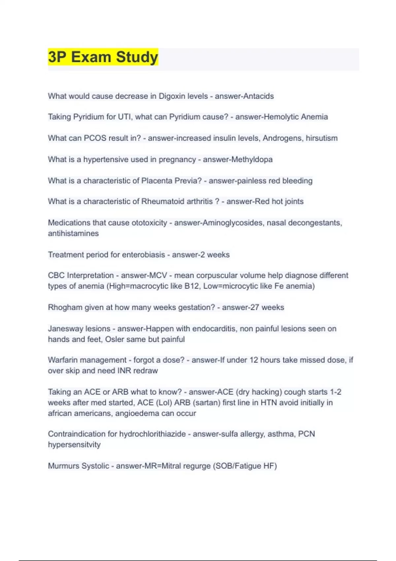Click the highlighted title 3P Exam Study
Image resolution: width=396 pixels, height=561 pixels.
(103, 57)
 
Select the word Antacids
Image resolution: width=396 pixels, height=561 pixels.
(258, 96)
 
